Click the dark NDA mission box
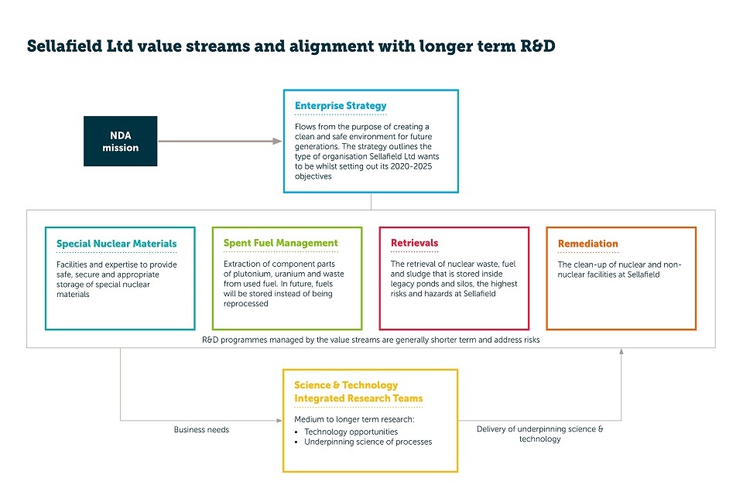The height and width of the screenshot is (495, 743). click(121, 142)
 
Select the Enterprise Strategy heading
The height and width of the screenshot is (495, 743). click(341, 106)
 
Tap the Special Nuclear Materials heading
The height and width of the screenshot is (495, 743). click(117, 244)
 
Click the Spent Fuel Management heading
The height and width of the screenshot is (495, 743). click(280, 243)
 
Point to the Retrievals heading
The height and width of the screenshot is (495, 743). click(414, 243)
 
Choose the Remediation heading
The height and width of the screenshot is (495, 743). click(587, 244)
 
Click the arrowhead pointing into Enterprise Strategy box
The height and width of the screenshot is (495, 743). click(278, 142)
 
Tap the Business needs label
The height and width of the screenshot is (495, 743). click(201, 429)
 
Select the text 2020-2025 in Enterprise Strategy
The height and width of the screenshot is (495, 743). click(411, 166)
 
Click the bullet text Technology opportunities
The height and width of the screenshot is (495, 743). click(351, 432)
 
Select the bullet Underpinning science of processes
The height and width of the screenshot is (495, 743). click(368, 442)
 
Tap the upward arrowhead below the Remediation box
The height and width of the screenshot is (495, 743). click(621, 351)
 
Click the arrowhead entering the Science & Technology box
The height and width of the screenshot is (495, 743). click(279, 420)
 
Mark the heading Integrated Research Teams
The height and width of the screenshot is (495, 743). click(358, 398)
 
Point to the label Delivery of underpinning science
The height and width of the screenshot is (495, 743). click(539, 429)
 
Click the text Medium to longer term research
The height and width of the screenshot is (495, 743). click(354, 419)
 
